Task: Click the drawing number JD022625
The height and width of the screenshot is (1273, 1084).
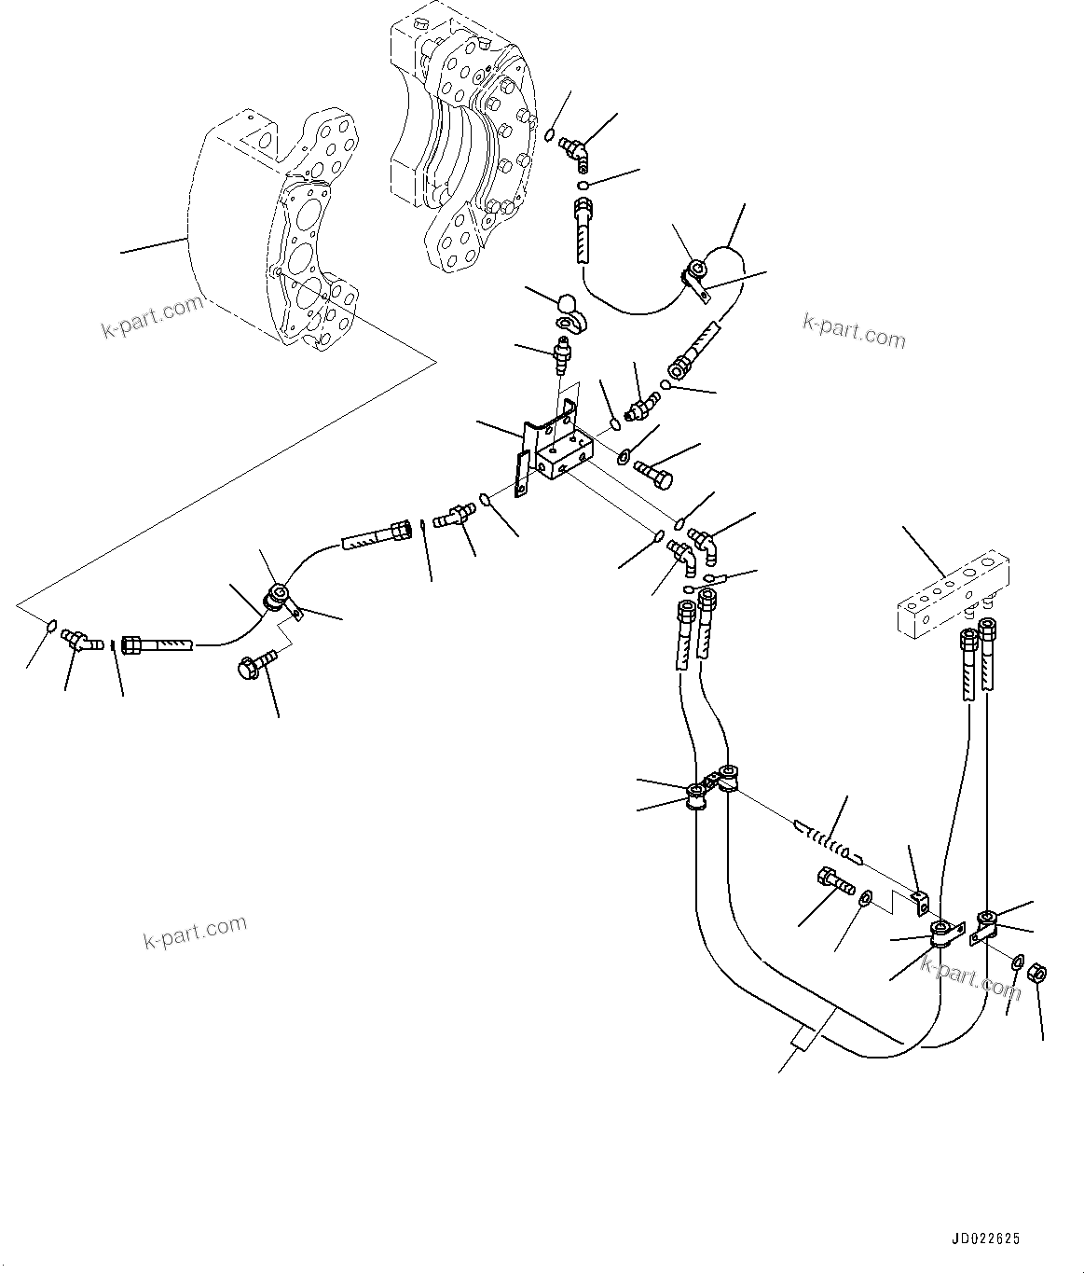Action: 985,1239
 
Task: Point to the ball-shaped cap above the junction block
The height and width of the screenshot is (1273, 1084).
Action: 567,304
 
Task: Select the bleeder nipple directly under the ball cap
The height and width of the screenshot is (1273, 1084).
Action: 562,354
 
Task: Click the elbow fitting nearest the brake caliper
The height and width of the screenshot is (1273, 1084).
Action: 573,148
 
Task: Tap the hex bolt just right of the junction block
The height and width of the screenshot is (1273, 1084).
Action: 653,471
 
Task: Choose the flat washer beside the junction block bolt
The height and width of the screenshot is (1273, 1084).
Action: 623,456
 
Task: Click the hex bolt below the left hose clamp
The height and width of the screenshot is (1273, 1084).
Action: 254,664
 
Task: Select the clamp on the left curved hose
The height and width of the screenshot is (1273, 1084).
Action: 278,598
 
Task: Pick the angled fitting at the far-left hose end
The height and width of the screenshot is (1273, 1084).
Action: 78,640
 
